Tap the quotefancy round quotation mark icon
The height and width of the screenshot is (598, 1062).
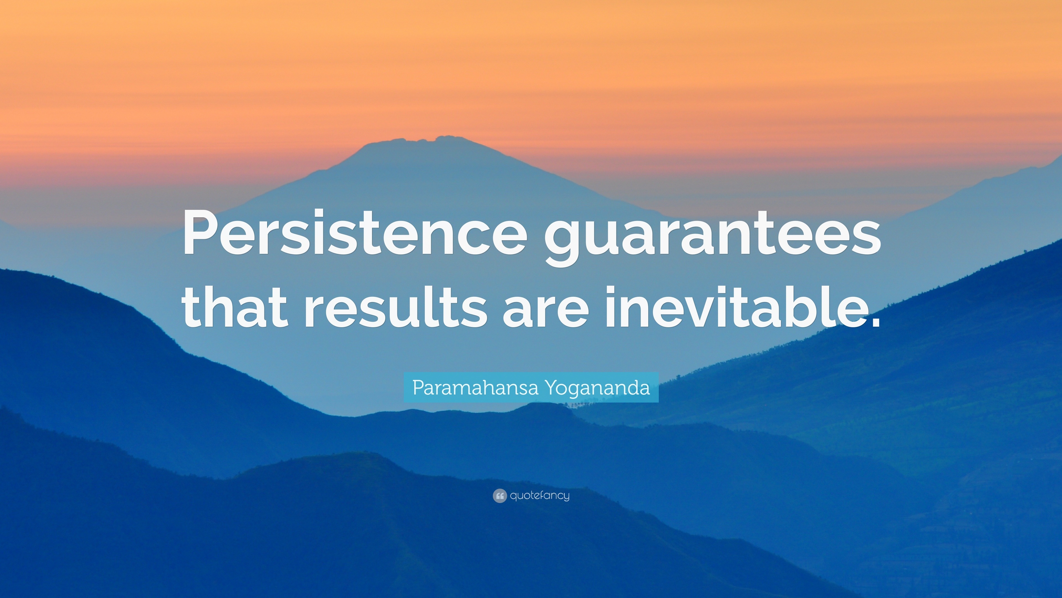499,496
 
